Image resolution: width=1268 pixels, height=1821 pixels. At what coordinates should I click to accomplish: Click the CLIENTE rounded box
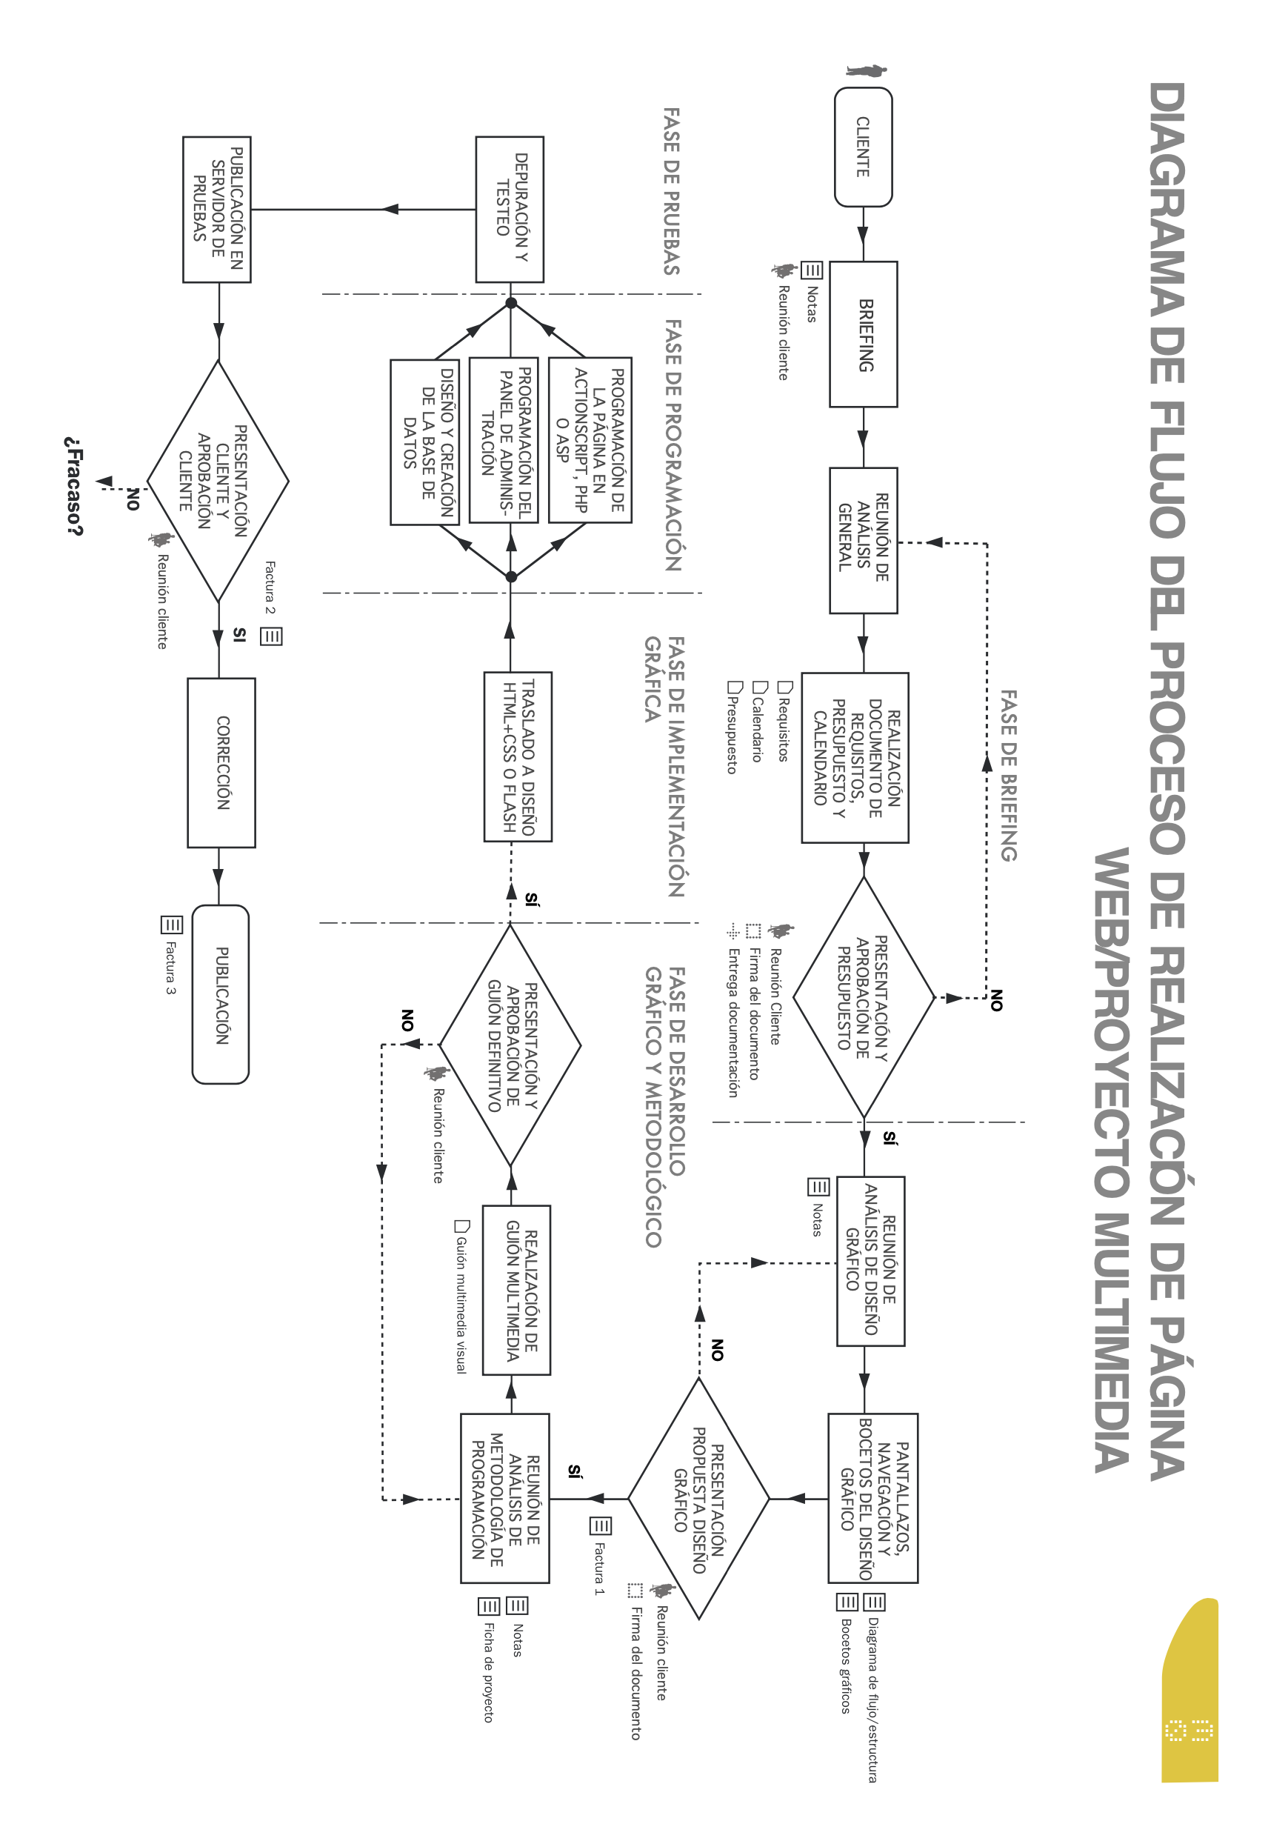[x=863, y=147]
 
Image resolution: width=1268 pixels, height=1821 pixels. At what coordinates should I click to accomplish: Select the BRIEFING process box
[x=864, y=334]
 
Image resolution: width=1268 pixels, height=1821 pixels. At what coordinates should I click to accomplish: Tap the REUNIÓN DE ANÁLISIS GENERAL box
[x=864, y=540]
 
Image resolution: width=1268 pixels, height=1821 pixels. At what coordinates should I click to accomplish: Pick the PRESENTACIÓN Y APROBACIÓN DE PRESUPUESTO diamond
[x=864, y=997]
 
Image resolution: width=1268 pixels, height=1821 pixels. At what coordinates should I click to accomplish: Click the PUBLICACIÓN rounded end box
[x=221, y=994]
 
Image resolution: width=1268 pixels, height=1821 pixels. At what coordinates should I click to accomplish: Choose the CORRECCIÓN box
[x=221, y=762]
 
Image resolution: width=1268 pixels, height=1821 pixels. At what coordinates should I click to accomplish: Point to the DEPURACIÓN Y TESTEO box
[x=510, y=210]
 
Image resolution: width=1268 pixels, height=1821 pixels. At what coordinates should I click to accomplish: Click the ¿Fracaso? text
[x=74, y=485]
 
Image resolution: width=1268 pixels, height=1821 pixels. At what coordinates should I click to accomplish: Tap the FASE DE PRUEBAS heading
[x=671, y=191]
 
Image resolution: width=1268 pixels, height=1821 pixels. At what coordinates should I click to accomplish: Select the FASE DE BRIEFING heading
[x=1007, y=775]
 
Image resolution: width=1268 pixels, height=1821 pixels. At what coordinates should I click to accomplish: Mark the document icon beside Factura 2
[x=271, y=636]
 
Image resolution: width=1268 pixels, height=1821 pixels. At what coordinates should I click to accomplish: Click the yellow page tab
[x=1189, y=1689]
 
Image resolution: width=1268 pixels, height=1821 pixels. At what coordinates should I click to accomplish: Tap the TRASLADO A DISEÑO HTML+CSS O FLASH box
[x=518, y=756]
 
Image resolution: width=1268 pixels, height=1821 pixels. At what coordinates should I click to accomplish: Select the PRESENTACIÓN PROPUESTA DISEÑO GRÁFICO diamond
[x=698, y=1498]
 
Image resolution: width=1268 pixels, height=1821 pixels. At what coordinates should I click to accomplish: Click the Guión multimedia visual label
[x=461, y=1304]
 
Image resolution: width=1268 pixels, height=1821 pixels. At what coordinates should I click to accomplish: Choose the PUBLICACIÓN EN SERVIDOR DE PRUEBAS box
[x=216, y=210]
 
